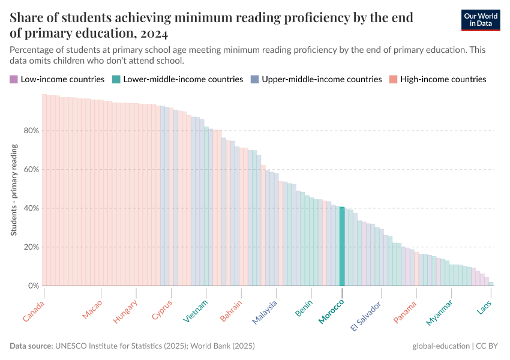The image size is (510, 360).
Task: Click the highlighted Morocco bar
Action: point(342,247)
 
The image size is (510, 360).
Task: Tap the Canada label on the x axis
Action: point(34,310)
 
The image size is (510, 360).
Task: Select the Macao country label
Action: point(92,308)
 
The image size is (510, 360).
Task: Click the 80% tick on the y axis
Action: point(31,131)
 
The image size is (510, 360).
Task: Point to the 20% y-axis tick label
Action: point(31,247)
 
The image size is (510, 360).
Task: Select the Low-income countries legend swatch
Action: point(14,79)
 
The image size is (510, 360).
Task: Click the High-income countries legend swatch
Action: point(393,79)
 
